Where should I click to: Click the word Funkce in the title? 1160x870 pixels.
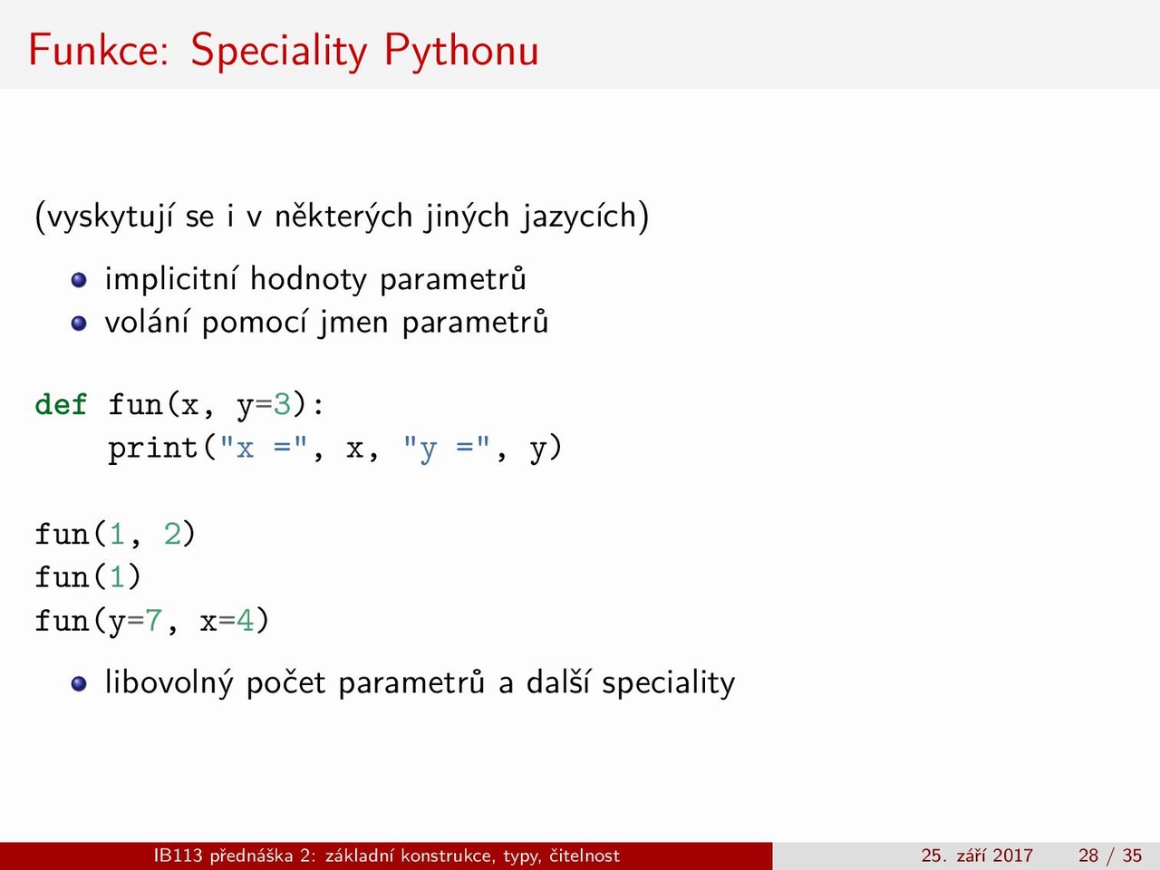98,50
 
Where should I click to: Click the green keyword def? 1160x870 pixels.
61,404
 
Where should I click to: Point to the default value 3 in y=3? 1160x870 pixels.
281,405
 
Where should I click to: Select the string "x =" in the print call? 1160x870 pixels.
263,449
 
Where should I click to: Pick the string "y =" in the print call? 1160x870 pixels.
446,449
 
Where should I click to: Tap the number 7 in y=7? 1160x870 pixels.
153,620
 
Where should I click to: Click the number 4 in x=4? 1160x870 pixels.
245,620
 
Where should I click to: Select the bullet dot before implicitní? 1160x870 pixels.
79,280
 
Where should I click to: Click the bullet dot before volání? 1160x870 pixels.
79,324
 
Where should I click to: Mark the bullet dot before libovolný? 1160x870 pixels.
79,683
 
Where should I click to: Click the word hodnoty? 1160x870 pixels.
308,279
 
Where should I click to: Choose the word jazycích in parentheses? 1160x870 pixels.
579,217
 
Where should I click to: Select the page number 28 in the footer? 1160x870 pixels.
1088,855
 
